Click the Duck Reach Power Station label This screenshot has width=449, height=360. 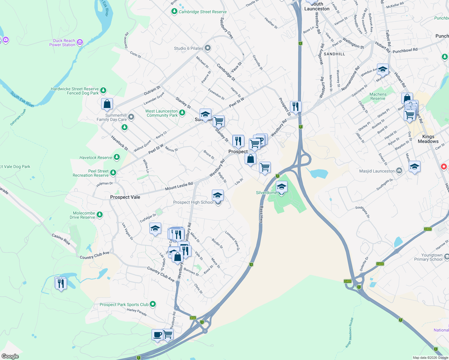(x=62, y=43)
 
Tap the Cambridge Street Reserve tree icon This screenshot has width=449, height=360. (x=174, y=11)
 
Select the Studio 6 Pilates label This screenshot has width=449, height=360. (x=188, y=48)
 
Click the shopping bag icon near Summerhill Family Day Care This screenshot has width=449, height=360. (x=107, y=104)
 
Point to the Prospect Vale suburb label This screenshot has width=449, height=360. (x=125, y=197)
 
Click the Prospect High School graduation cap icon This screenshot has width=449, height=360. (x=218, y=196)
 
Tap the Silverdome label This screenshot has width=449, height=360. (x=266, y=193)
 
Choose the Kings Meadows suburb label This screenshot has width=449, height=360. (x=428, y=139)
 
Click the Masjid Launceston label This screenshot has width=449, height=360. (x=377, y=171)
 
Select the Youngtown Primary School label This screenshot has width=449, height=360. (x=428, y=257)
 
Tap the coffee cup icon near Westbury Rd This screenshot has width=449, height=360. (x=157, y=334)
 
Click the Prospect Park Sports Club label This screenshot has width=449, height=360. (x=124, y=304)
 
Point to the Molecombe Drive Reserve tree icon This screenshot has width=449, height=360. (x=100, y=214)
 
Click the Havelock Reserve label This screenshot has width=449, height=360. (x=96, y=157)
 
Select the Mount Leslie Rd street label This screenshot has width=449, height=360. (x=179, y=186)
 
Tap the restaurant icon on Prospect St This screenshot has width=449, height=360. (x=296, y=106)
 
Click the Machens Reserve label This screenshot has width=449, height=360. (x=378, y=96)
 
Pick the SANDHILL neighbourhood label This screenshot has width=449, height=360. (x=334, y=54)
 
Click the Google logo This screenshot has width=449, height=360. (x=10, y=356)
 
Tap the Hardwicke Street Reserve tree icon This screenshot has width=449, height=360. (x=103, y=90)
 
